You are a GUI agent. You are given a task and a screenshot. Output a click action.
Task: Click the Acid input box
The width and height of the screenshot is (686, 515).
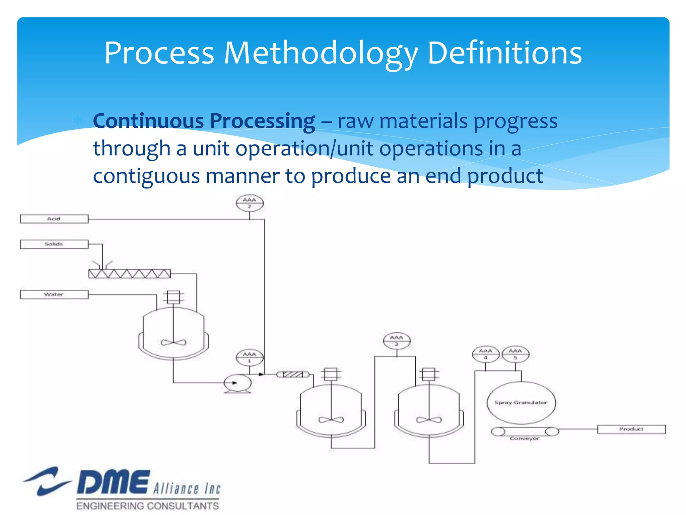click(54, 219)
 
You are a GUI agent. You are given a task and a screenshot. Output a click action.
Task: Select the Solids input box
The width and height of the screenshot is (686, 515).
click(54, 244)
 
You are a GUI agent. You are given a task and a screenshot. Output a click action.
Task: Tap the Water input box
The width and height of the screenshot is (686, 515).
click(54, 294)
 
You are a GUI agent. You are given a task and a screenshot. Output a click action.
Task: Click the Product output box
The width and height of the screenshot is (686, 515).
click(631, 429)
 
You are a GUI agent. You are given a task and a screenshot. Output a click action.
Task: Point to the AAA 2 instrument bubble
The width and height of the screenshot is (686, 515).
click(250, 203)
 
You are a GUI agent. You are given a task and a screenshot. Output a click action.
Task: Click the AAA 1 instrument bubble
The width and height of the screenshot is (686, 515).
click(250, 357)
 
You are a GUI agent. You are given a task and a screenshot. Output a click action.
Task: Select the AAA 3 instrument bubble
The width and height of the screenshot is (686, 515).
click(397, 341)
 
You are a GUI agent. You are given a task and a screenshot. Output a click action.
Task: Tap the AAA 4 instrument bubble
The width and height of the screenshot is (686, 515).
click(486, 354)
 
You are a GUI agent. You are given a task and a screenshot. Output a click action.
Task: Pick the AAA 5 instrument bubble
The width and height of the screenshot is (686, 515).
click(515, 354)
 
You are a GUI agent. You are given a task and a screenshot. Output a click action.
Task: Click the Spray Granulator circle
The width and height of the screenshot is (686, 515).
click(521, 402)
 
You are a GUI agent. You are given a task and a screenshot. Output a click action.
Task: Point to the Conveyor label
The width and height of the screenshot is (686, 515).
click(525, 439)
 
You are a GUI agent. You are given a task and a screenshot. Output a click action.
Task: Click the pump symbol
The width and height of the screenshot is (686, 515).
click(237, 383)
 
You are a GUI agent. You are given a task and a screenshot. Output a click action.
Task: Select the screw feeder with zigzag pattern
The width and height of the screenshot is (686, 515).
click(129, 274)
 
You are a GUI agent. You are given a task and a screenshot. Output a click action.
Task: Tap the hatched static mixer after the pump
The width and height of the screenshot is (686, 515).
click(293, 374)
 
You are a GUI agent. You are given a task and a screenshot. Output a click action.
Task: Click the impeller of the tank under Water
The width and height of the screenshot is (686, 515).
click(174, 342)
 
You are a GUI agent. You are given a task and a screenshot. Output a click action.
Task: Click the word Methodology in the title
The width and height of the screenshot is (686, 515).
click(321, 54)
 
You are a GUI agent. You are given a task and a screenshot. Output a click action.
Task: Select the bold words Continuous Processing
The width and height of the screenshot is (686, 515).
click(204, 121)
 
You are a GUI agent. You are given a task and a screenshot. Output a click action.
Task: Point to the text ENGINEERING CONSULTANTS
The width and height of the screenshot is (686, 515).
click(147, 506)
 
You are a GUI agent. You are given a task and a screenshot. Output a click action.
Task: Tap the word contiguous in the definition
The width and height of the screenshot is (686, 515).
click(146, 176)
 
